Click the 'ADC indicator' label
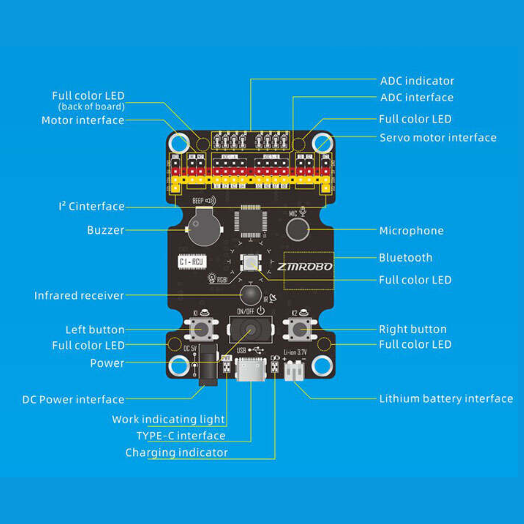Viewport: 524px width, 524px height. [417, 81]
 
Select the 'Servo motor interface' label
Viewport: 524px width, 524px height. [438, 138]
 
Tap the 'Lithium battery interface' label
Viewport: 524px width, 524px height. [446, 399]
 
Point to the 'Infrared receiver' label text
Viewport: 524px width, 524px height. [79, 296]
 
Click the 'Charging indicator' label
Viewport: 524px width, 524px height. [176, 453]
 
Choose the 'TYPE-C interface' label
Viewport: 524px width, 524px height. [181, 436]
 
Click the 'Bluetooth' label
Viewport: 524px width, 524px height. [405, 258]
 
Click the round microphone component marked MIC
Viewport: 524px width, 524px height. [298, 229]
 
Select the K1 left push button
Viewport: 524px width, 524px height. [201, 329]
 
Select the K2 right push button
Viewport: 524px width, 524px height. [299, 329]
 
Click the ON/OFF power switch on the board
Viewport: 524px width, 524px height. [250, 330]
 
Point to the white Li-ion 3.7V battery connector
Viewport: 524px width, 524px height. [294, 371]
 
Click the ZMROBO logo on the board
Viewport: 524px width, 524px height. [305, 266]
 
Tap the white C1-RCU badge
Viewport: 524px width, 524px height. [192, 262]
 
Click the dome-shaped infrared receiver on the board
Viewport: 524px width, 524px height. [250, 295]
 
